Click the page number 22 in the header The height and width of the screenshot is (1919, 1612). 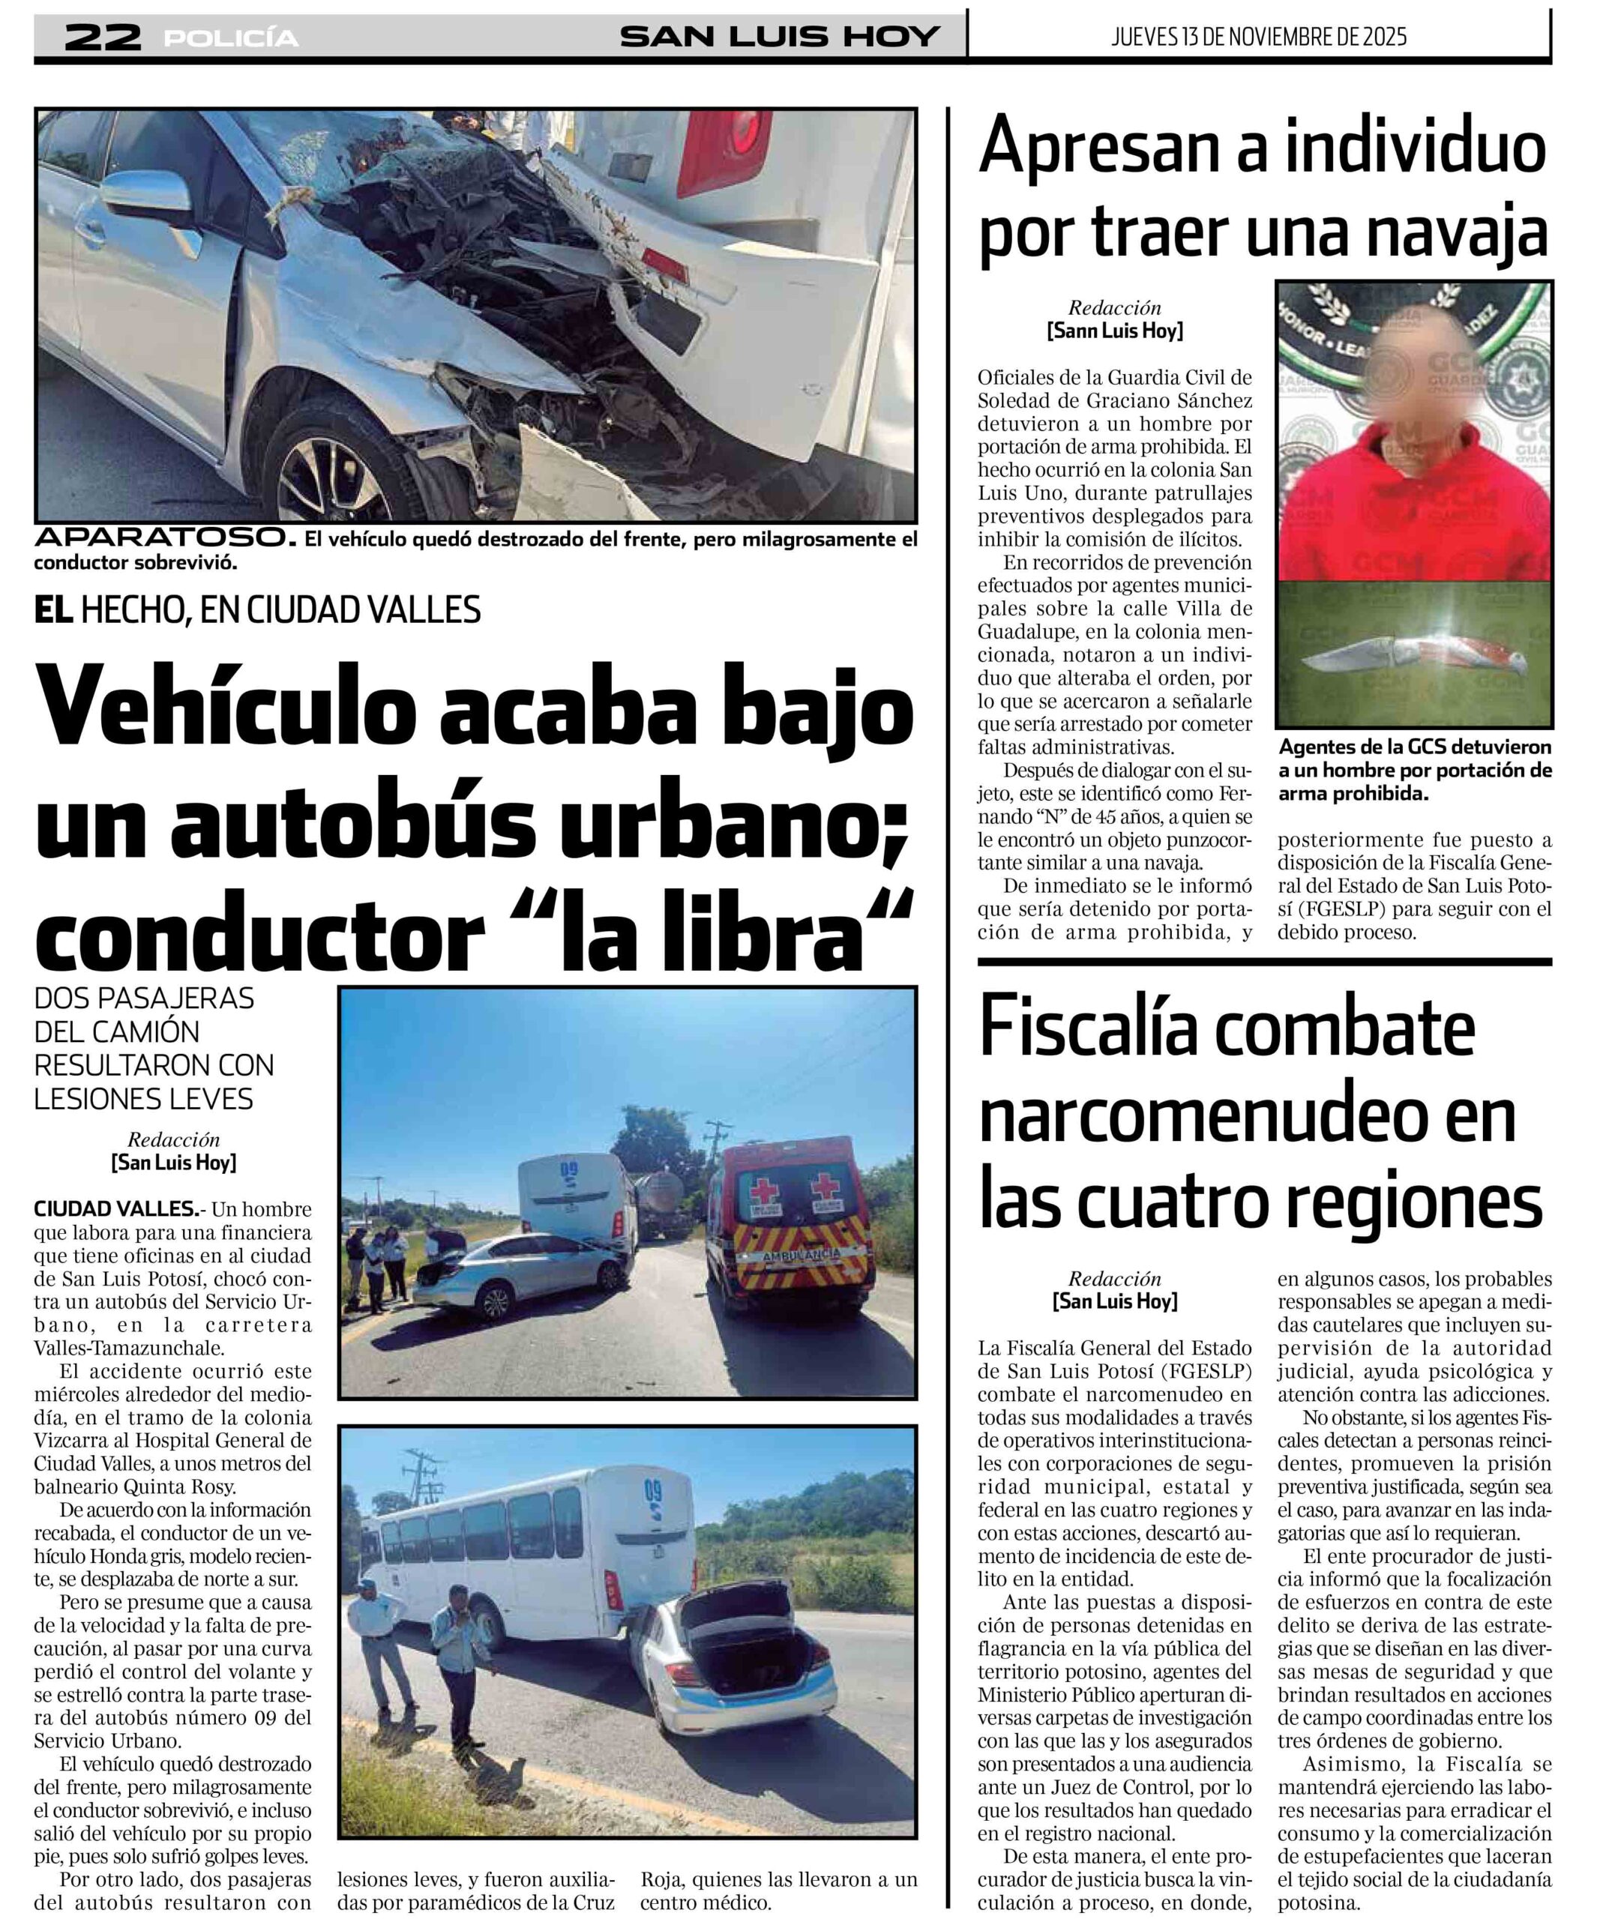pos(103,37)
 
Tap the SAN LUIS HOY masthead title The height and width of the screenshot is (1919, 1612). pos(780,37)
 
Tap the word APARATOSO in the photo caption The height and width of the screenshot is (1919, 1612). pos(164,537)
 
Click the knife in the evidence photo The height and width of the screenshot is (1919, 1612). pos(1412,655)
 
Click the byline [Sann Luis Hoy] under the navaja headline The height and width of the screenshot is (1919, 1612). pos(1114,331)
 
